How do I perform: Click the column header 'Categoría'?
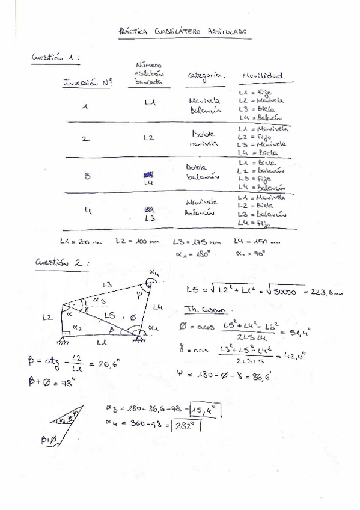[x=206, y=76]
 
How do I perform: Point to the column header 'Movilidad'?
[x=263, y=76]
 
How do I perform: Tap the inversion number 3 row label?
[x=87, y=176]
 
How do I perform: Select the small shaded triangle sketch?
[x=66, y=422]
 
